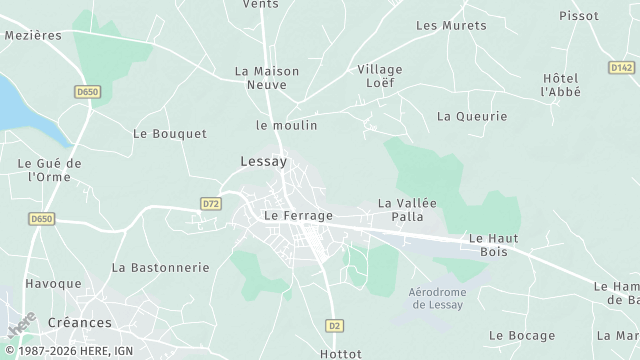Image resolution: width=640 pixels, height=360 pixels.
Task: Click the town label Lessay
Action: [264, 160]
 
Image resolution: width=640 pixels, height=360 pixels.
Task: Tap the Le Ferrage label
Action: [298, 215]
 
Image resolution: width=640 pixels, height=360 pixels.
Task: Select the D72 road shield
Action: [210, 203]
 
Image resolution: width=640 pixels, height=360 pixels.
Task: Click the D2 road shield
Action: [335, 326]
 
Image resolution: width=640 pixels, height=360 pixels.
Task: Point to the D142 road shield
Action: [621, 68]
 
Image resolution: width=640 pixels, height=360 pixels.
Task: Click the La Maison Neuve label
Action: [260, 78]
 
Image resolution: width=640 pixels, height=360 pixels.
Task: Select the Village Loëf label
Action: [380, 76]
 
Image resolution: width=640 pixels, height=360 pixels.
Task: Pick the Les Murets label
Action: [443, 25]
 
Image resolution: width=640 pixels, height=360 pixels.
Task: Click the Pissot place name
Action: [580, 16]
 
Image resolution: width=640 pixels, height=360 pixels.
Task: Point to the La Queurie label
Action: [472, 116]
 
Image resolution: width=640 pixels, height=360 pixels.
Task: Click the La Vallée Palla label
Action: [401, 209]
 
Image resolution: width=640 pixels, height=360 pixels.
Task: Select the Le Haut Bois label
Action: [488, 245]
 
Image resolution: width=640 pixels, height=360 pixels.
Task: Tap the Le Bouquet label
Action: [170, 133]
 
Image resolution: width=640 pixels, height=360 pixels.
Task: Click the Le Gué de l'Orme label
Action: [49, 169]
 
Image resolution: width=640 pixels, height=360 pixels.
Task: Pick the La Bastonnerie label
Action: [161, 267]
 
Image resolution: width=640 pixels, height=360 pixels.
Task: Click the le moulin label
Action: [286, 125]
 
